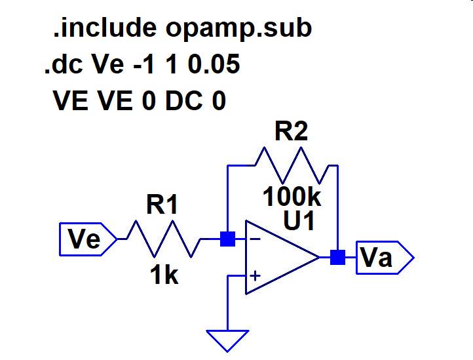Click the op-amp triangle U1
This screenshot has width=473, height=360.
point(278,258)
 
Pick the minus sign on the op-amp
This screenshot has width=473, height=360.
point(254,239)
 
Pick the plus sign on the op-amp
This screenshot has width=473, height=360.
point(254,277)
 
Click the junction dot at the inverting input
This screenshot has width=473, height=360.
point(227,239)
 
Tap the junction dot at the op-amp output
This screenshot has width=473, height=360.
point(337,258)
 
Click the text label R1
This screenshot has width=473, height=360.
point(162,206)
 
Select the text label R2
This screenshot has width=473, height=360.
point(292,132)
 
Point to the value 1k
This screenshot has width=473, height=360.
point(163,277)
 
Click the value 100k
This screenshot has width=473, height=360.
point(292,195)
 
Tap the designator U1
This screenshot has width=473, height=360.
point(299,222)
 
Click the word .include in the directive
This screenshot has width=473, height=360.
point(104,28)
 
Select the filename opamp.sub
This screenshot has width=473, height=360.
point(238,30)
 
